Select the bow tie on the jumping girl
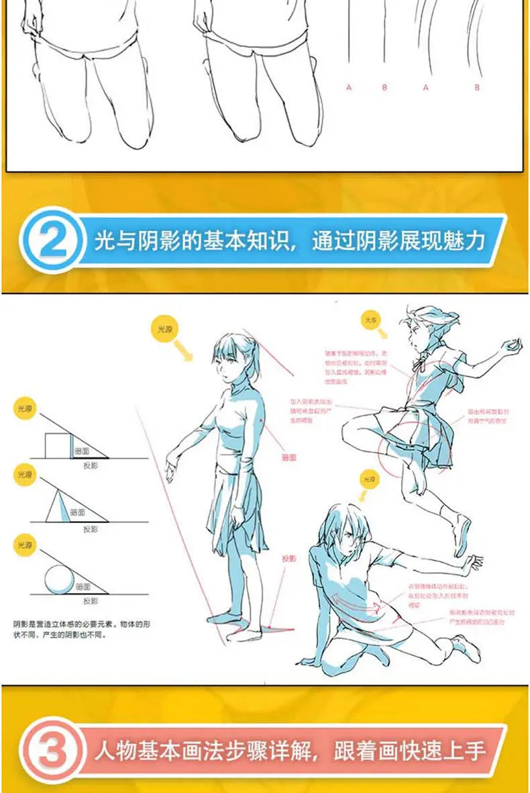422,365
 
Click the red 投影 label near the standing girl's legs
289,559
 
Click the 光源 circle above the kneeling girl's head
370,480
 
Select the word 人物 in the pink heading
113,750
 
